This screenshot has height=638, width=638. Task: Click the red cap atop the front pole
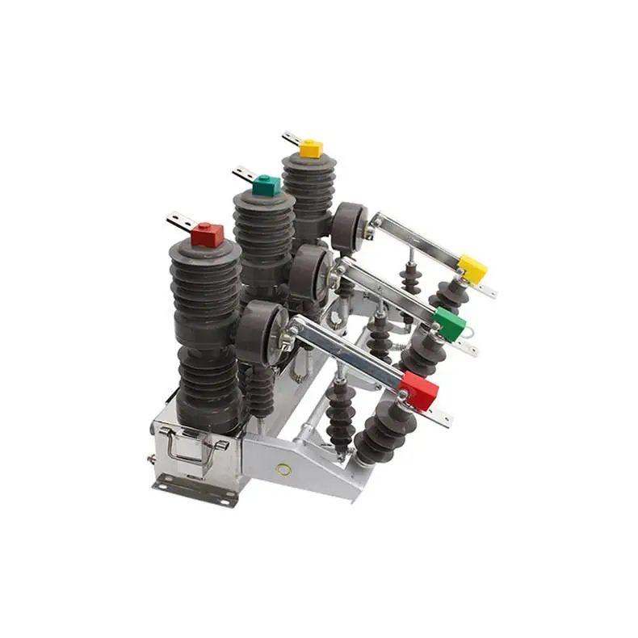tap(208, 235)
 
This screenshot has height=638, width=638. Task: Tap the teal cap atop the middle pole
tap(266, 185)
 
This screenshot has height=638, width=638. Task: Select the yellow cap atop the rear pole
tap(311, 149)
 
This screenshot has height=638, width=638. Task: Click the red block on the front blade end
tap(419, 391)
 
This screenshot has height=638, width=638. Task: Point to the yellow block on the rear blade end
tap(472, 269)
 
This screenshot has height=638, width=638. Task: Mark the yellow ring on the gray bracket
tap(283, 468)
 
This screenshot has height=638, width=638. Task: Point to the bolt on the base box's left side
tap(152, 460)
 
